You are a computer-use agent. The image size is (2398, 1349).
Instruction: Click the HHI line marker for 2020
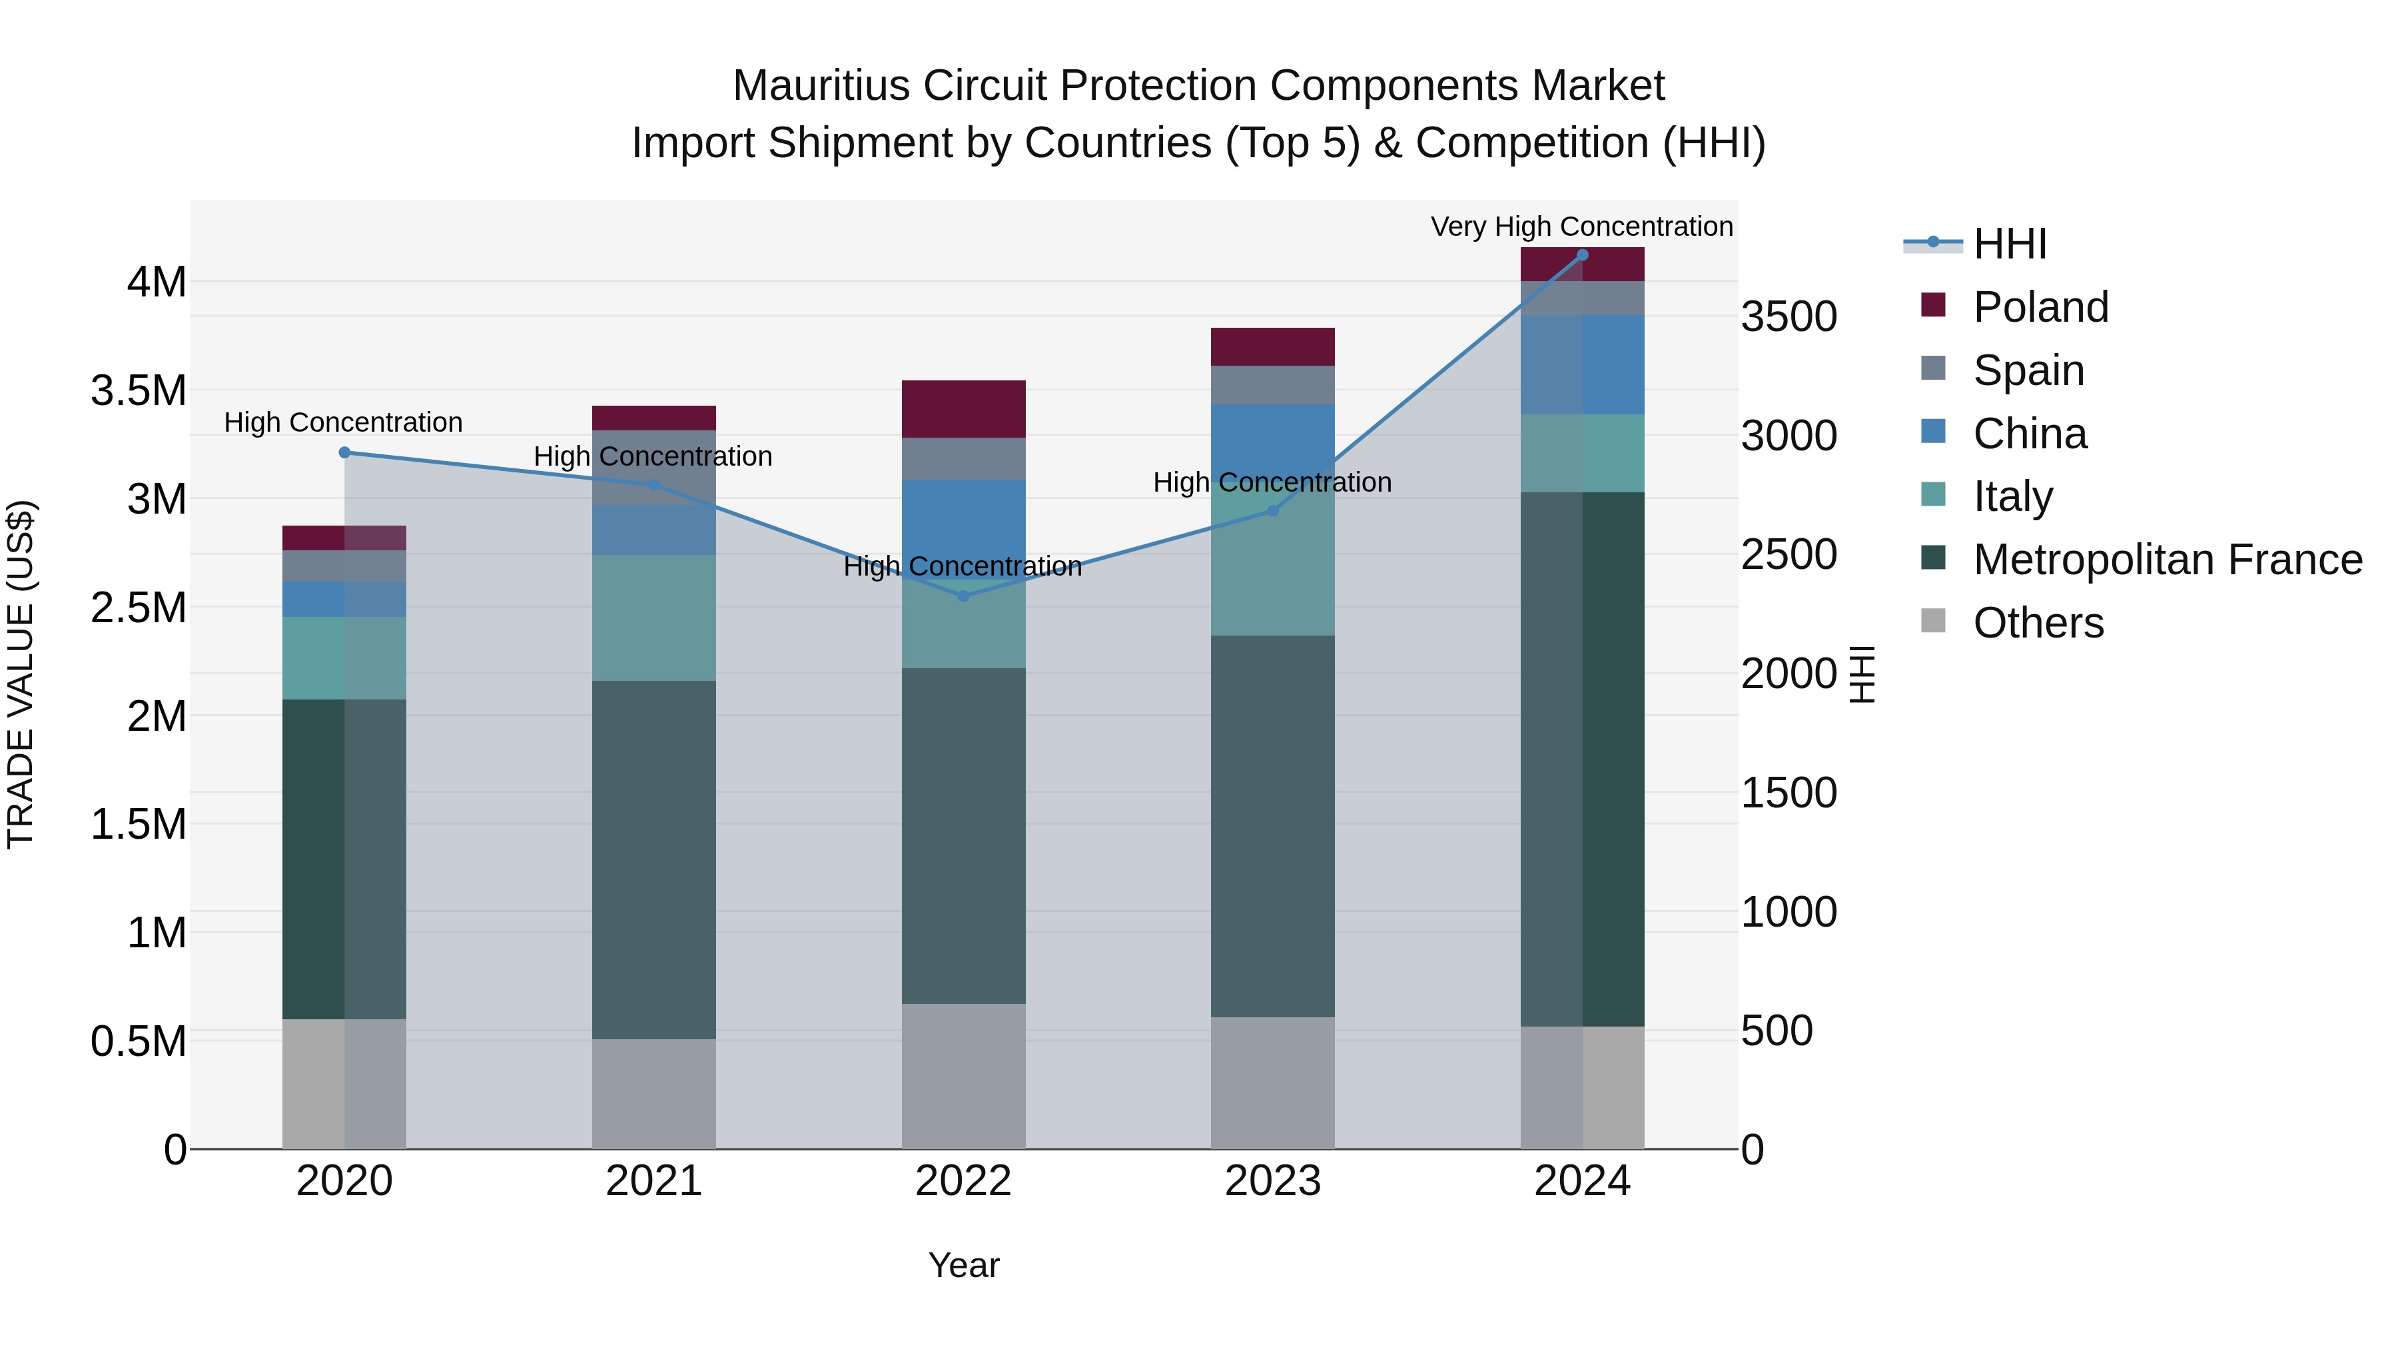344,452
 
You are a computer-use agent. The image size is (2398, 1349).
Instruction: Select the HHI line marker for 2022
963,596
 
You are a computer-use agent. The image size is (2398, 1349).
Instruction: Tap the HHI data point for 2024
1583,254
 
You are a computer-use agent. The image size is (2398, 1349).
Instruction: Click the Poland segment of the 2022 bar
963,409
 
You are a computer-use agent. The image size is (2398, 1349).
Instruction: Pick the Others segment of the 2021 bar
653,1093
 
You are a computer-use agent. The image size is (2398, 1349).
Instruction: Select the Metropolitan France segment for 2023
1272,826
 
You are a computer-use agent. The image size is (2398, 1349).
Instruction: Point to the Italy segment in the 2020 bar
344,658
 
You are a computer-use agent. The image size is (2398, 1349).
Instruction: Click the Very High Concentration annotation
1581,226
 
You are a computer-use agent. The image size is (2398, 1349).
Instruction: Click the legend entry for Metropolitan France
2166,560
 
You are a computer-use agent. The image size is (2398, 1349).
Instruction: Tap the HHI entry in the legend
2009,244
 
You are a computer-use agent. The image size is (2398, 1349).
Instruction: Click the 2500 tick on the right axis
1789,555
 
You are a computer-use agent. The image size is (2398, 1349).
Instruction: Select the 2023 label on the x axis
1272,1181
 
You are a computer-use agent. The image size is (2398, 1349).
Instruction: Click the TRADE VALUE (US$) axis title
21,674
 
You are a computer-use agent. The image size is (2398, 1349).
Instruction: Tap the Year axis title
963,1265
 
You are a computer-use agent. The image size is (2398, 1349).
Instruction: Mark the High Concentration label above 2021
653,456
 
